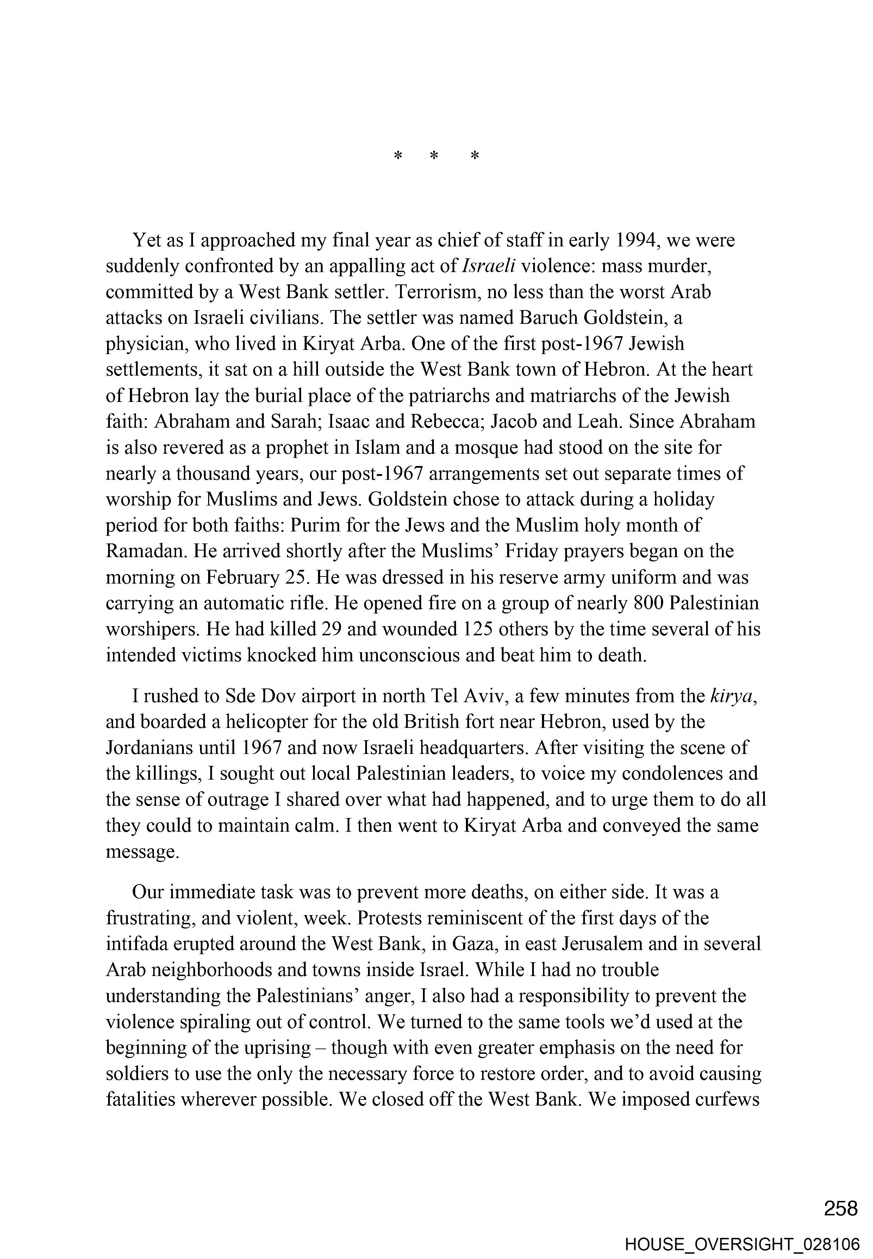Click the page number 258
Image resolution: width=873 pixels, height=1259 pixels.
pyautogui.click(x=841, y=1208)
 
